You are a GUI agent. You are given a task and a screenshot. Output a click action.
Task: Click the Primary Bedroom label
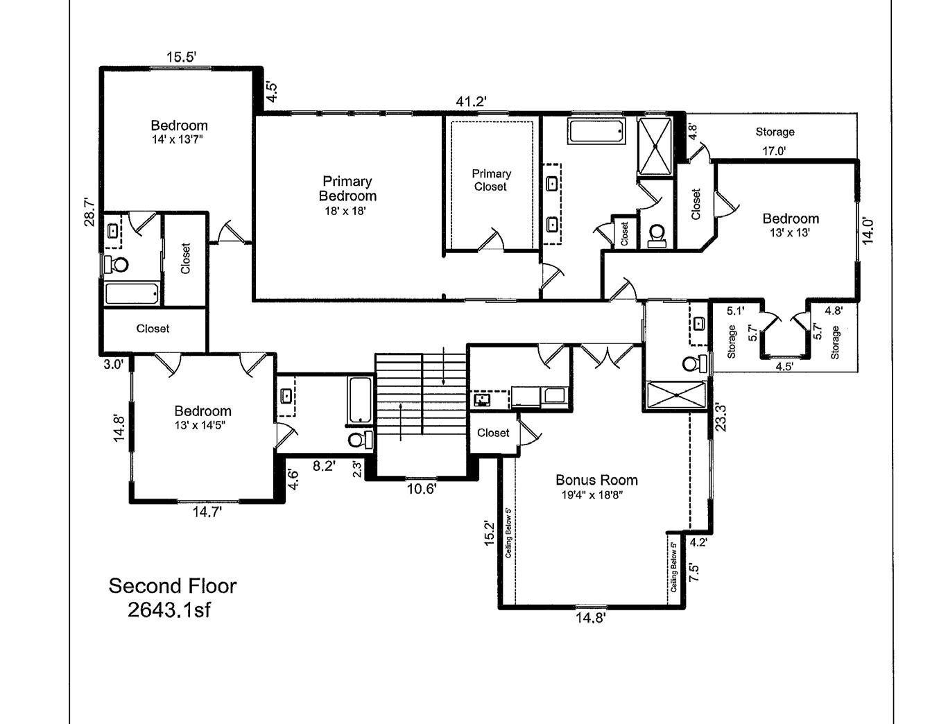[347, 189]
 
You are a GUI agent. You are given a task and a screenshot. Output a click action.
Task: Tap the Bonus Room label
[596, 480]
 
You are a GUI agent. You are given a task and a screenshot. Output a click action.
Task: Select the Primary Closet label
[491, 180]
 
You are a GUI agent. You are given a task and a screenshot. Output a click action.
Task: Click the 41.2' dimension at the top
[471, 101]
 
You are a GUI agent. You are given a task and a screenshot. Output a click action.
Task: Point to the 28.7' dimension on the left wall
[89, 213]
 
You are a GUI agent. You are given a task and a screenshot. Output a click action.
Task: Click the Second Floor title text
[173, 586]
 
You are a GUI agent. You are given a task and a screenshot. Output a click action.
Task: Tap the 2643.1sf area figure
[169, 610]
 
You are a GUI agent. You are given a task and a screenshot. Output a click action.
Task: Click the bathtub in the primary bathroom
[596, 131]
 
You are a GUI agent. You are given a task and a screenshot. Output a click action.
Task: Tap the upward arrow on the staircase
[401, 420]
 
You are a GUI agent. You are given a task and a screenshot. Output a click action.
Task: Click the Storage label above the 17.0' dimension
[775, 132]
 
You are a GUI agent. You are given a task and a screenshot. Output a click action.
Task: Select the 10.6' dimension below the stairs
[421, 489]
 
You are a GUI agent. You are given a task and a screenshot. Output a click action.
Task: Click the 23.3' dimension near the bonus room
[721, 417]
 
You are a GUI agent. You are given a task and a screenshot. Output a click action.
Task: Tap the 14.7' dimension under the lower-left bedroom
[207, 512]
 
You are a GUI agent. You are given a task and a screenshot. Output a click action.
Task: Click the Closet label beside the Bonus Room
[493, 433]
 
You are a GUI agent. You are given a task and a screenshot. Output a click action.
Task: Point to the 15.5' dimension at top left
[182, 57]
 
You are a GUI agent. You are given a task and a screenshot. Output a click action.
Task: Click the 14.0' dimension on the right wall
[868, 230]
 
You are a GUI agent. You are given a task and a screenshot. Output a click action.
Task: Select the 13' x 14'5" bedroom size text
[203, 425]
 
